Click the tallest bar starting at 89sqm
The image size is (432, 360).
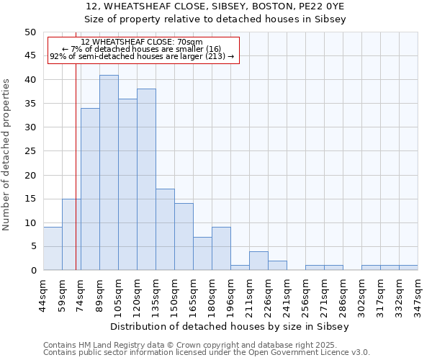(109, 173)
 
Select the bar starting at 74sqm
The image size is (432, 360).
(90, 189)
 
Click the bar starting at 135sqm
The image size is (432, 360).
(165, 230)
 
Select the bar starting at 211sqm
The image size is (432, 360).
(258, 261)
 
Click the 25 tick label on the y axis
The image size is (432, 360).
(30, 151)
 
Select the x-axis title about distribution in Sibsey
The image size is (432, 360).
(230, 326)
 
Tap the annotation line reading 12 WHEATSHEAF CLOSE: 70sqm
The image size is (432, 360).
(142, 42)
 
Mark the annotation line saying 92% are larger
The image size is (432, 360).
(142, 56)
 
